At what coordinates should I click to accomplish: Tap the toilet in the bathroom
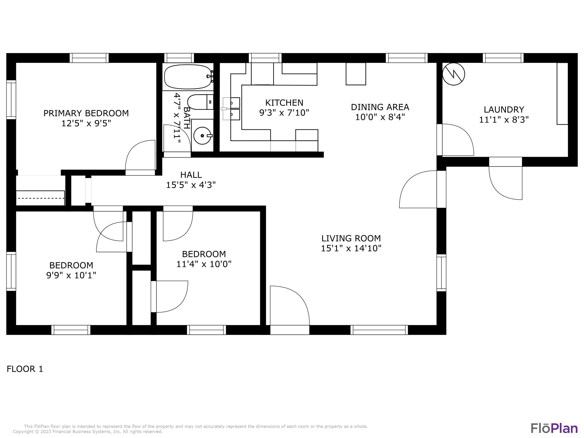(200, 102)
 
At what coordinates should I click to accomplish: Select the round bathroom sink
(202, 136)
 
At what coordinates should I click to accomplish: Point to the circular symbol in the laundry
(454, 74)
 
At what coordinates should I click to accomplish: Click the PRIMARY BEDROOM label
(86, 113)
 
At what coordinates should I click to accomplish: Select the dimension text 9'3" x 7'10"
(284, 113)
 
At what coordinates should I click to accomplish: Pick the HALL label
(191, 175)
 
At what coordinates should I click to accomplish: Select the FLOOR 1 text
(25, 369)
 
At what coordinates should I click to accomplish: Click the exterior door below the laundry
(506, 182)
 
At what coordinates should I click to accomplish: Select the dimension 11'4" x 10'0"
(204, 264)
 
